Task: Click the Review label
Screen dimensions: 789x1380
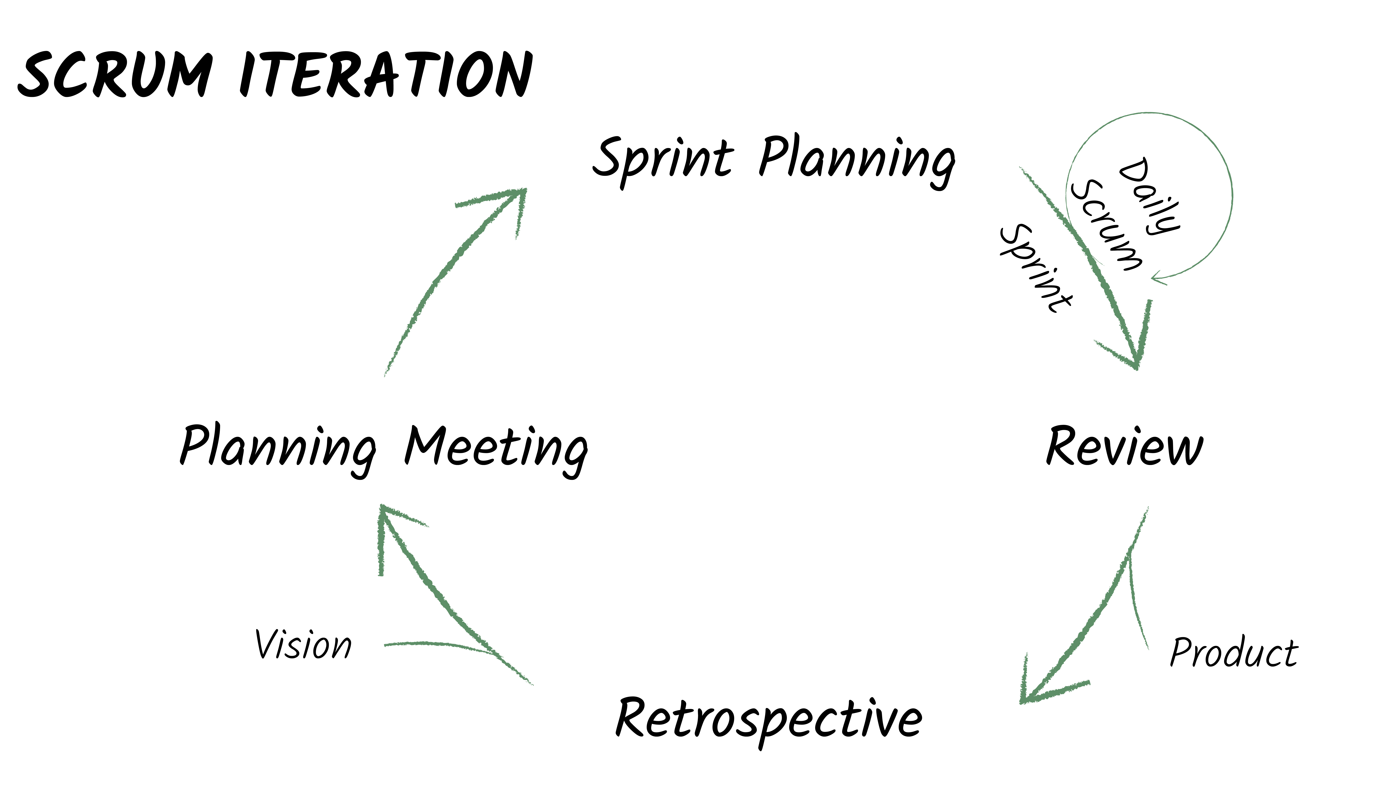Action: tap(1124, 447)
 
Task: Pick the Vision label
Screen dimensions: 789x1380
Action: tap(303, 645)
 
